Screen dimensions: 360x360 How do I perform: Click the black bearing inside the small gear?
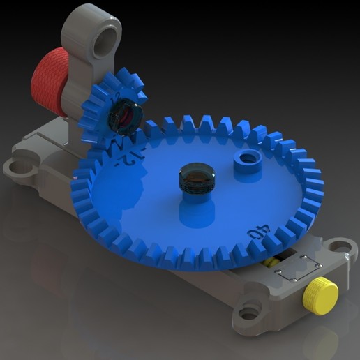click(126, 117)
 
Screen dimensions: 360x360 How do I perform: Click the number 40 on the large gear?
click(260, 228)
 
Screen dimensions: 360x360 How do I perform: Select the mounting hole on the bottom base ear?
click(248, 313)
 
